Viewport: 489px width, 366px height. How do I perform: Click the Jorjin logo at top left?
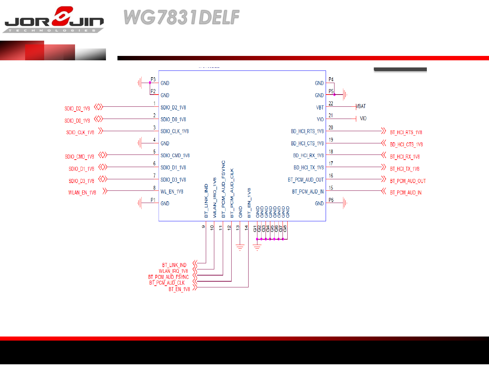(54, 19)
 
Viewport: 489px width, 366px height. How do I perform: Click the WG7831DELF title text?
(182, 17)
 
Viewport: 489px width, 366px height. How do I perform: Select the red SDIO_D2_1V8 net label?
(77, 108)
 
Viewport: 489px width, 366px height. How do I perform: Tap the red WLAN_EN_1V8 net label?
(82, 192)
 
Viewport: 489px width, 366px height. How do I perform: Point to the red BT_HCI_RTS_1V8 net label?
(406, 133)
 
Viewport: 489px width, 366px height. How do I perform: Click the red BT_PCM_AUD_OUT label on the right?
(407, 181)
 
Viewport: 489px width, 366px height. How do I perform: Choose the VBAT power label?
(361, 106)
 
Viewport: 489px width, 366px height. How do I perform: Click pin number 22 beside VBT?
(331, 103)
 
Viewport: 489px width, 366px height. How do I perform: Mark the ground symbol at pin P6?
(345, 203)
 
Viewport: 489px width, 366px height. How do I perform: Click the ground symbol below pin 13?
(240, 248)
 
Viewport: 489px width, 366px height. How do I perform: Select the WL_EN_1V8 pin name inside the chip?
(172, 192)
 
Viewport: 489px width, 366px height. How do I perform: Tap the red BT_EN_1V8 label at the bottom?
(179, 289)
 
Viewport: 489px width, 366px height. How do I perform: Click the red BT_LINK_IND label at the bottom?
(174, 265)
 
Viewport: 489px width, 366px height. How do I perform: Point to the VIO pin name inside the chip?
(320, 119)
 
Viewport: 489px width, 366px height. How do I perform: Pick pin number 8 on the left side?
(154, 188)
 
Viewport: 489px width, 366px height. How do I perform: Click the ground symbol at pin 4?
(140, 143)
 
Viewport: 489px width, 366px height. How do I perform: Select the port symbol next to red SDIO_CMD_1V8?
(103, 155)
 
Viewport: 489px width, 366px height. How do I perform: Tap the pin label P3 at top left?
(153, 79)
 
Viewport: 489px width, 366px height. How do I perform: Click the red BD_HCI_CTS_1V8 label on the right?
(406, 144)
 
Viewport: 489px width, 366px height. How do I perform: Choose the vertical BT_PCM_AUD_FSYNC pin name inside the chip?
(223, 189)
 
